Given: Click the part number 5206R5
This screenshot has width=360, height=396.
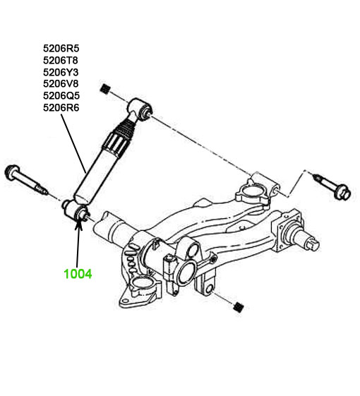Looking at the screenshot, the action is click(61, 48).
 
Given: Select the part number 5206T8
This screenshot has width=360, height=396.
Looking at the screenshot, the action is click(61, 61).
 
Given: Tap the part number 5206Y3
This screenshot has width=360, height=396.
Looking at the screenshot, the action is click(61, 72).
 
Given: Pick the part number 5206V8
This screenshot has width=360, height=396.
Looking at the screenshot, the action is click(61, 83).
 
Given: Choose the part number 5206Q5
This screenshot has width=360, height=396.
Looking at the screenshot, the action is click(61, 95).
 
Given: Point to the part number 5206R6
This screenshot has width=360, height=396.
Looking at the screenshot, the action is click(61, 107).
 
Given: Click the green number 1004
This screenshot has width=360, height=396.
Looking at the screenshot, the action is click(78, 274).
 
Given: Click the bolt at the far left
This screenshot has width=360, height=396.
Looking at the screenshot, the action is click(25, 179).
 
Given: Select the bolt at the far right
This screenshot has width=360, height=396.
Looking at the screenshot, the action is click(332, 186).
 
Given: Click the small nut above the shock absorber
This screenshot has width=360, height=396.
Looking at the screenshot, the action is click(105, 89).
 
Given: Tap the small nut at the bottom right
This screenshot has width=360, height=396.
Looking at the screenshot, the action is click(238, 307).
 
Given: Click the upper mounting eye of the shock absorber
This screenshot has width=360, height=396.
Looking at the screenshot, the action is click(140, 109).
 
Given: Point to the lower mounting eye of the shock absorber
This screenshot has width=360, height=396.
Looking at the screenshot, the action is click(76, 210).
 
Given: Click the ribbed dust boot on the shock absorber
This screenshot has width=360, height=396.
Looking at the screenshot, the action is click(121, 136).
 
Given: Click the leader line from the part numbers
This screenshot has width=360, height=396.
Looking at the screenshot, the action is click(73, 143).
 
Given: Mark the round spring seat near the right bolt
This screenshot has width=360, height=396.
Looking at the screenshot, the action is click(251, 193).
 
